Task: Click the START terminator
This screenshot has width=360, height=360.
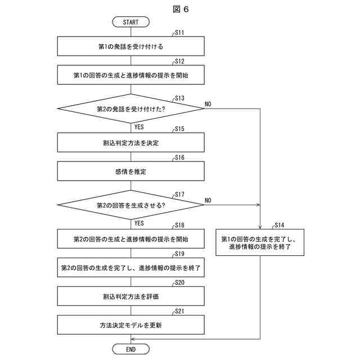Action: click(x=131, y=22)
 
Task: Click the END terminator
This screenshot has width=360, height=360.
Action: click(x=131, y=349)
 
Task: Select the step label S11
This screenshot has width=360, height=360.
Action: click(x=179, y=33)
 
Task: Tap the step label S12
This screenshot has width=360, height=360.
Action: click(x=179, y=61)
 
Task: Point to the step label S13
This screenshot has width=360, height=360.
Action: click(x=179, y=98)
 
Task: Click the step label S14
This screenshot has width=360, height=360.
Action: click(x=280, y=225)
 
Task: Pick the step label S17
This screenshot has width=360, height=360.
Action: click(x=179, y=195)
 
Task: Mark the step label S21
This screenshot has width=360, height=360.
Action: click(x=179, y=311)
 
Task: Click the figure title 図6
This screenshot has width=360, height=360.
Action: click(x=181, y=9)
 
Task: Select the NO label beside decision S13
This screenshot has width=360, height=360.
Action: click(x=208, y=104)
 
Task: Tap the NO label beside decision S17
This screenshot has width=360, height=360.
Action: click(x=208, y=200)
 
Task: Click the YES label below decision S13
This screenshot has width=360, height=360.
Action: click(x=139, y=127)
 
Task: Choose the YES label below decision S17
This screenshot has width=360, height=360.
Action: click(x=139, y=223)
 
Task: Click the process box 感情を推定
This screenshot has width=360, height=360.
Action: click(x=131, y=171)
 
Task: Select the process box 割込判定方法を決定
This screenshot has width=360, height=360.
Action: click(x=131, y=142)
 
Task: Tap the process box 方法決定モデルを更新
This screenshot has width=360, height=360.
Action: click(x=131, y=325)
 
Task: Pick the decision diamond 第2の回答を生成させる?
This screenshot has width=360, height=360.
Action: click(x=131, y=205)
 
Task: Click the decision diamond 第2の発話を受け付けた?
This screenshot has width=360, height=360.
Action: click(x=131, y=109)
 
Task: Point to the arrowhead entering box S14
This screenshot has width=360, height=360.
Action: click(x=260, y=227)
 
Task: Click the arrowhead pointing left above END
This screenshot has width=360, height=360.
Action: click(x=133, y=339)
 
